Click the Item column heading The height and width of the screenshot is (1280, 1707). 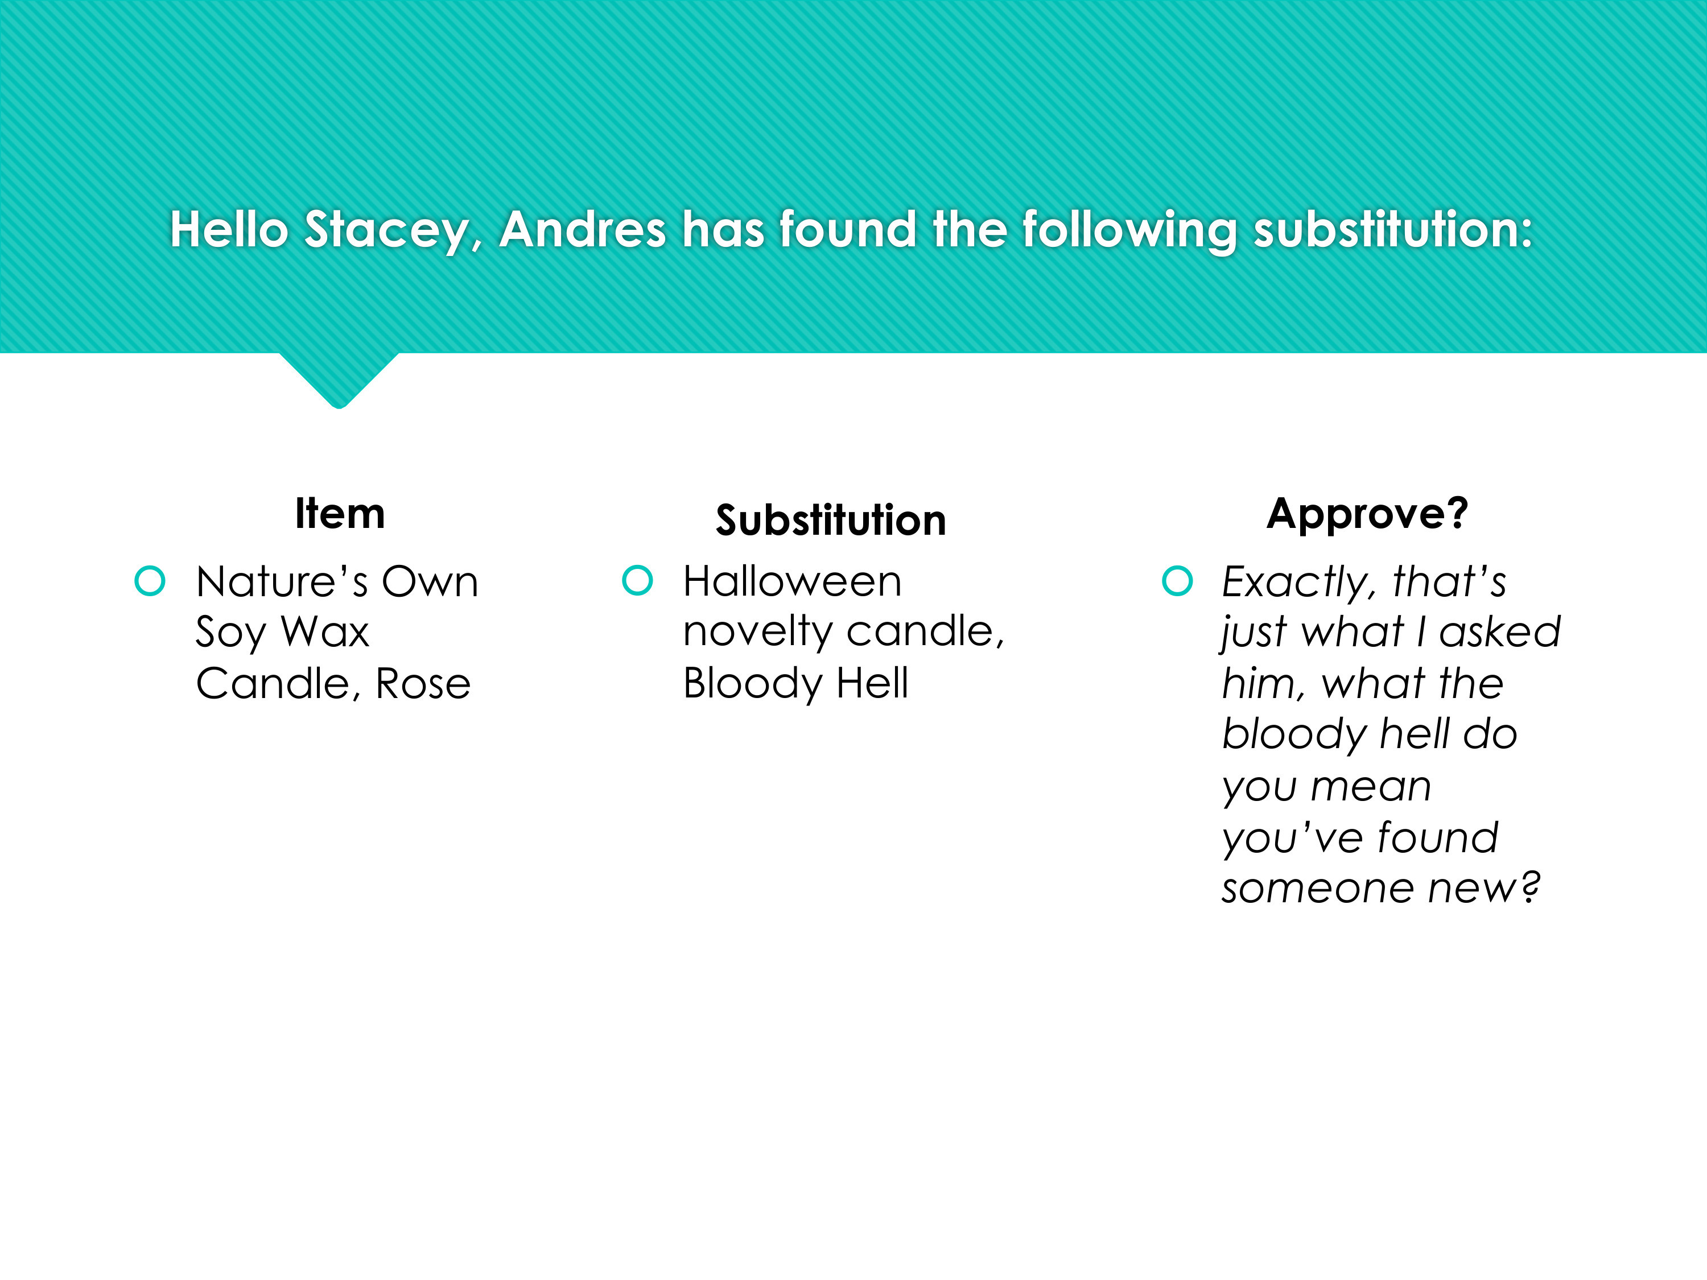pos(340,513)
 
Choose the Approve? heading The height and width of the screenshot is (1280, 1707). pos(1367,514)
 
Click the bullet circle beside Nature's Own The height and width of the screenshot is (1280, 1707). pos(150,581)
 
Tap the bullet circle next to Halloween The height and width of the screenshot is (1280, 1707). pos(637,581)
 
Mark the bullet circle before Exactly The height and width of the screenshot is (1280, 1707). pos(1178,581)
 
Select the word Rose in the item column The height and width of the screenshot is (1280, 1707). pos(423,684)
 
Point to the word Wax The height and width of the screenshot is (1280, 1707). pos(325,632)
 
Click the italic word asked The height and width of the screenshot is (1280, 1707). pos(1500,632)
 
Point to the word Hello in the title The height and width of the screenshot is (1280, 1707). pos(229,229)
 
